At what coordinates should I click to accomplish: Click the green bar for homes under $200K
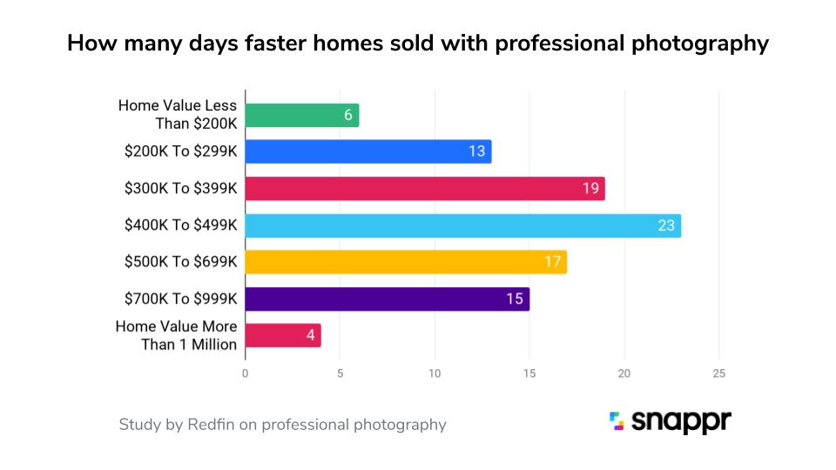301,116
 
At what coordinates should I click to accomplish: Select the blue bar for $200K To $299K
367,151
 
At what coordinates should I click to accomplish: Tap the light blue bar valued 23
462,225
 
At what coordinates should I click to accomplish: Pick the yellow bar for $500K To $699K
405,262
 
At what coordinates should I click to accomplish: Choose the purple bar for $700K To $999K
387,299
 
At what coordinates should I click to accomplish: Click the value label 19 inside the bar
590,189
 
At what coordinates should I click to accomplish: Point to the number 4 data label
310,336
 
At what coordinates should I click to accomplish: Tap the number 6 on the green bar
348,116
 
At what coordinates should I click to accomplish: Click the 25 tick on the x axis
718,373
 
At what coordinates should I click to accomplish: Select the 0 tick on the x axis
245,373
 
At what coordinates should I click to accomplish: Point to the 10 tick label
435,373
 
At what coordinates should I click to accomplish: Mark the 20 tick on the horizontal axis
624,373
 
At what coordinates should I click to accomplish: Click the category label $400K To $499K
180,225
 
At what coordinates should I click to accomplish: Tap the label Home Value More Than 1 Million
176,335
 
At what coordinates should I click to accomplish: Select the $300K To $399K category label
180,188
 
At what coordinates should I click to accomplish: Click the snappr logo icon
617,421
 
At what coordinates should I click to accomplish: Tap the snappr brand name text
682,422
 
